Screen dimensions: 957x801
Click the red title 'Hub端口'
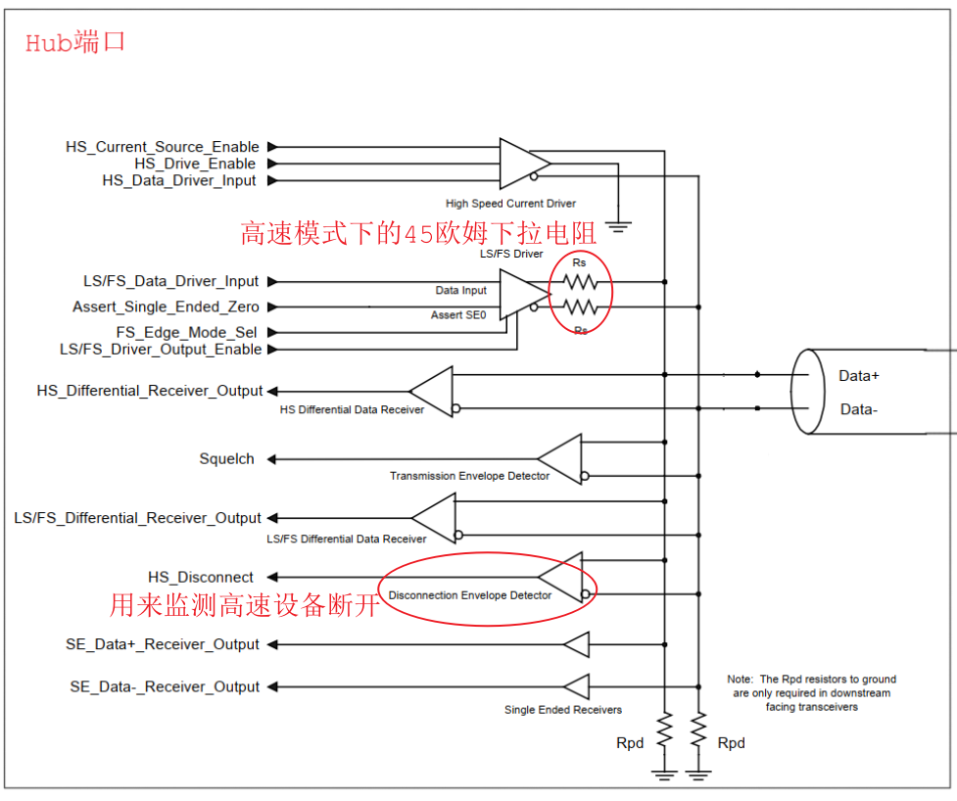pos(75,43)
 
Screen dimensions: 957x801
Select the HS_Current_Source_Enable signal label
pos(163,147)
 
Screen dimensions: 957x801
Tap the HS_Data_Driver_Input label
pos(179,180)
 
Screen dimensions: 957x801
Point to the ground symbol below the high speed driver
pos(618,227)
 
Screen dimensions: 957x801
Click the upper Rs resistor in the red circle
pos(580,282)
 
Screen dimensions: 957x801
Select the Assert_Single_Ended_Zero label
pos(166,306)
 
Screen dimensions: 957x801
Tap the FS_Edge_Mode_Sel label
pos(187,333)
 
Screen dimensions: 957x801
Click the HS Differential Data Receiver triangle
pos(431,392)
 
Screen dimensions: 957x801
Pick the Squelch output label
pos(226,458)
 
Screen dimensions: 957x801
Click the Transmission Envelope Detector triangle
pos(559,459)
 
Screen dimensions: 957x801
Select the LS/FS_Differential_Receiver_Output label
pos(137,518)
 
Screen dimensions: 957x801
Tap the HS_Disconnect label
pos(200,577)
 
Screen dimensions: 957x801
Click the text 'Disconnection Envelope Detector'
pos(470,595)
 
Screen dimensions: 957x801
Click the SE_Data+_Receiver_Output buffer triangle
pos(576,645)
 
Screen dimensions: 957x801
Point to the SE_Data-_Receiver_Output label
pos(165,686)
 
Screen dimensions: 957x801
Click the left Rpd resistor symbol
pos(665,730)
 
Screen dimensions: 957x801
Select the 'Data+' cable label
pos(859,376)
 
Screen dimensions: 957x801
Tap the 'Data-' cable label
pos(859,409)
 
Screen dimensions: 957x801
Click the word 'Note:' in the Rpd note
pos(741,679)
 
